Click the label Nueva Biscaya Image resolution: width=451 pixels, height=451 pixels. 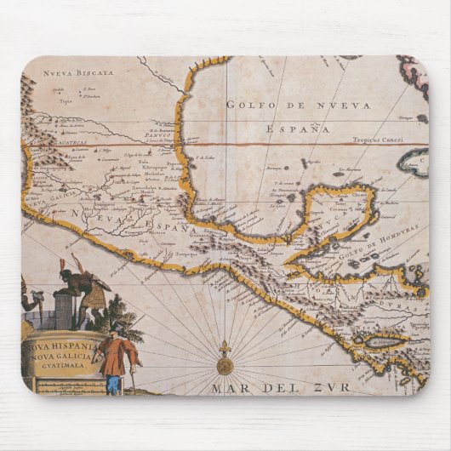pos(78,72)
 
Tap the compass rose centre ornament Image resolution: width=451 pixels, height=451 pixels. pos(225,366)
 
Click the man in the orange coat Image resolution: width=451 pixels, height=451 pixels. pos(112,357)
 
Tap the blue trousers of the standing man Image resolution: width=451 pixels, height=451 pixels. pos(112,383)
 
